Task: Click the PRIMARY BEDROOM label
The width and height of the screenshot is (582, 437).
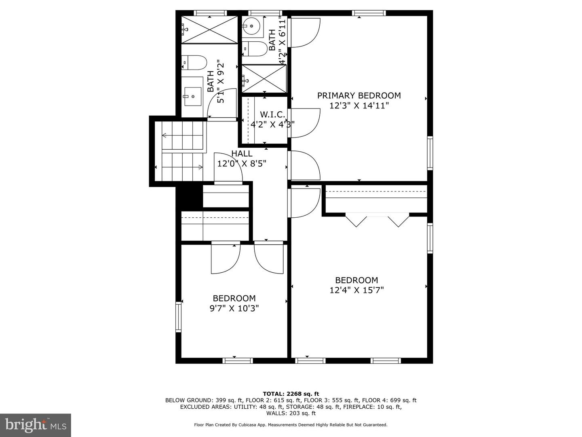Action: click(358, 95)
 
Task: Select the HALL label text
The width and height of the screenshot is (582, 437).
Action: click(242, 154)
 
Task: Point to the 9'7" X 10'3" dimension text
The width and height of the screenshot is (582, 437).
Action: click(234, 308)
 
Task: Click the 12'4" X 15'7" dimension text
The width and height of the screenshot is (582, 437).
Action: click(356, 290)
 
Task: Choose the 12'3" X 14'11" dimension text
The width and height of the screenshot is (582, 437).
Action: click(359, 106)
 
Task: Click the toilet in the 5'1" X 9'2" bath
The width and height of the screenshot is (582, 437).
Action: click(194, 63)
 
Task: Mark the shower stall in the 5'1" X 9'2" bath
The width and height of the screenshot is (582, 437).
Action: click(209, 30)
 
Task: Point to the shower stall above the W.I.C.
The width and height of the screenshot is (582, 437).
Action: click(264, 78)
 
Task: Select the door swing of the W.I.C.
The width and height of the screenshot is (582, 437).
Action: click(305, 123)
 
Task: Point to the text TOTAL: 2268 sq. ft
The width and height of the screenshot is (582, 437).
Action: click(291, 394)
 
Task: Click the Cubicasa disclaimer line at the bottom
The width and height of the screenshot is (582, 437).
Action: click(291, 425)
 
